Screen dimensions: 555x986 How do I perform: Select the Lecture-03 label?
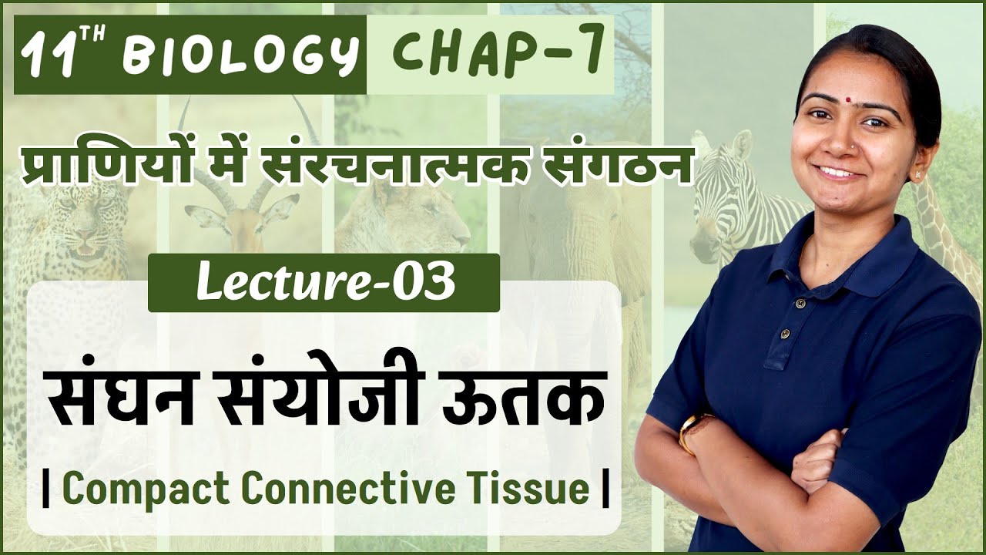[324, 283]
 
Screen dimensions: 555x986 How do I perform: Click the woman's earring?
[917, 175]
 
